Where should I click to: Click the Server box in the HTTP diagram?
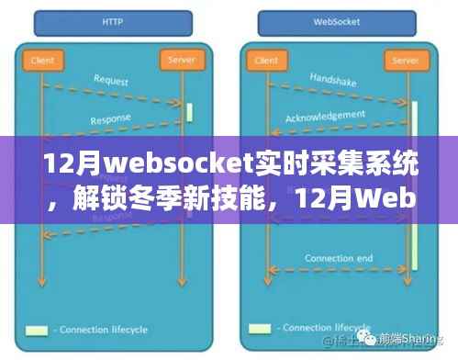tap(179, 60)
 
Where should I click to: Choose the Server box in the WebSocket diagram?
tap(405, 60)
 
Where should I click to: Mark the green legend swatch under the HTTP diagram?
tap(37, 330)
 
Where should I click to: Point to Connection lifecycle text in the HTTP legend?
tap(103, 330)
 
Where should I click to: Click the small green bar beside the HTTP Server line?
tap(189, 112)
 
